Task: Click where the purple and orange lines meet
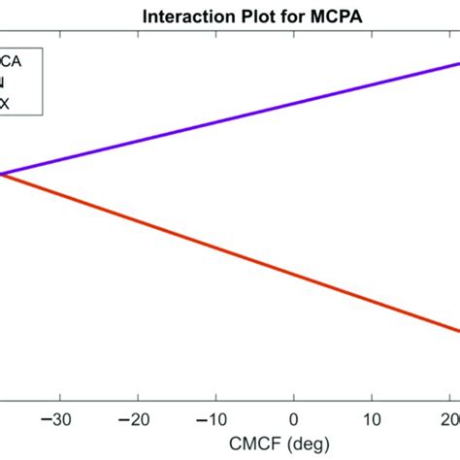(x=3, y=175)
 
